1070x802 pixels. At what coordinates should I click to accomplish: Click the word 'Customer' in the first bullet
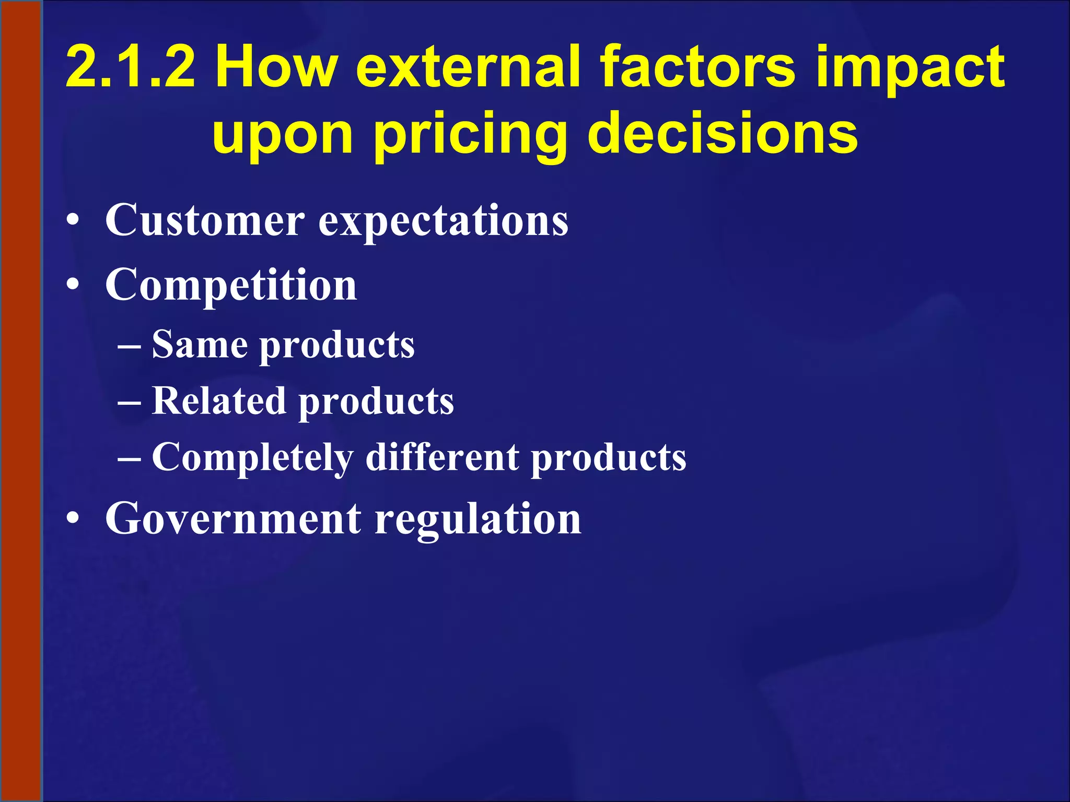205,220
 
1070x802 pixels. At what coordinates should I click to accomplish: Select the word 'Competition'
231,286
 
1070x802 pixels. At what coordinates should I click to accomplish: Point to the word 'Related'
219,401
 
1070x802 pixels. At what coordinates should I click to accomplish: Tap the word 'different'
442,457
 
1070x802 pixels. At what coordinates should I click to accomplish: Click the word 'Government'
233,520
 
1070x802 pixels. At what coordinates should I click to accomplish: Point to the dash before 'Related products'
129,403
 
